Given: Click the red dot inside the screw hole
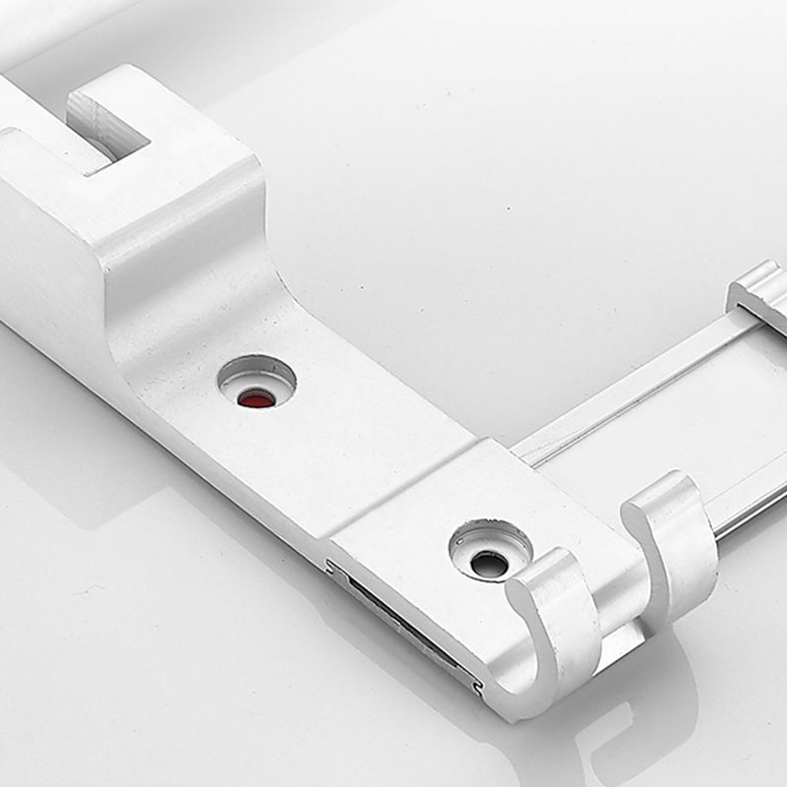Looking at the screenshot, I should coord(257,398).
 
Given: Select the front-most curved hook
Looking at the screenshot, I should coord(551,630).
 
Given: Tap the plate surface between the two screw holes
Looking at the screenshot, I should coord(374,472).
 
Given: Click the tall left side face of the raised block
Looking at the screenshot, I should coord(49,256).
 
